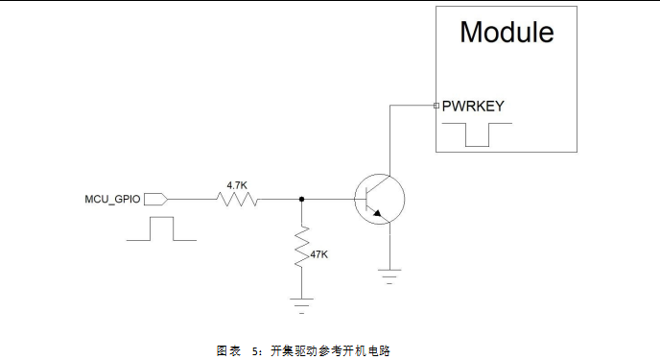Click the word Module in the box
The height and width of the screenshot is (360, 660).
(507, 32)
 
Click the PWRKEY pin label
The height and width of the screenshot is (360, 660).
(473, 106)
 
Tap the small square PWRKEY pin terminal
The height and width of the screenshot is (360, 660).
(436, 106)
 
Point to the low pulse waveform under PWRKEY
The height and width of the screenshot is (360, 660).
(477, 135)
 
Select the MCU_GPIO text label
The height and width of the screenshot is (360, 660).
(113, 200)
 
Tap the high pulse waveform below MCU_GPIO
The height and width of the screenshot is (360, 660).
(161, 228)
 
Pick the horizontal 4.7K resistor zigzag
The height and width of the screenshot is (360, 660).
(237, 200)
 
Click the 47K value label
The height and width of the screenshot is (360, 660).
(318, 254)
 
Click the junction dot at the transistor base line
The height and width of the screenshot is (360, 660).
(302, 200)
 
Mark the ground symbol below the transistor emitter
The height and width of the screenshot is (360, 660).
(389, 276)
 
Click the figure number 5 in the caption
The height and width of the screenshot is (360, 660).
(255, 350)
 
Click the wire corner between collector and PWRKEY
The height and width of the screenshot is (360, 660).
(389, 106)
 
